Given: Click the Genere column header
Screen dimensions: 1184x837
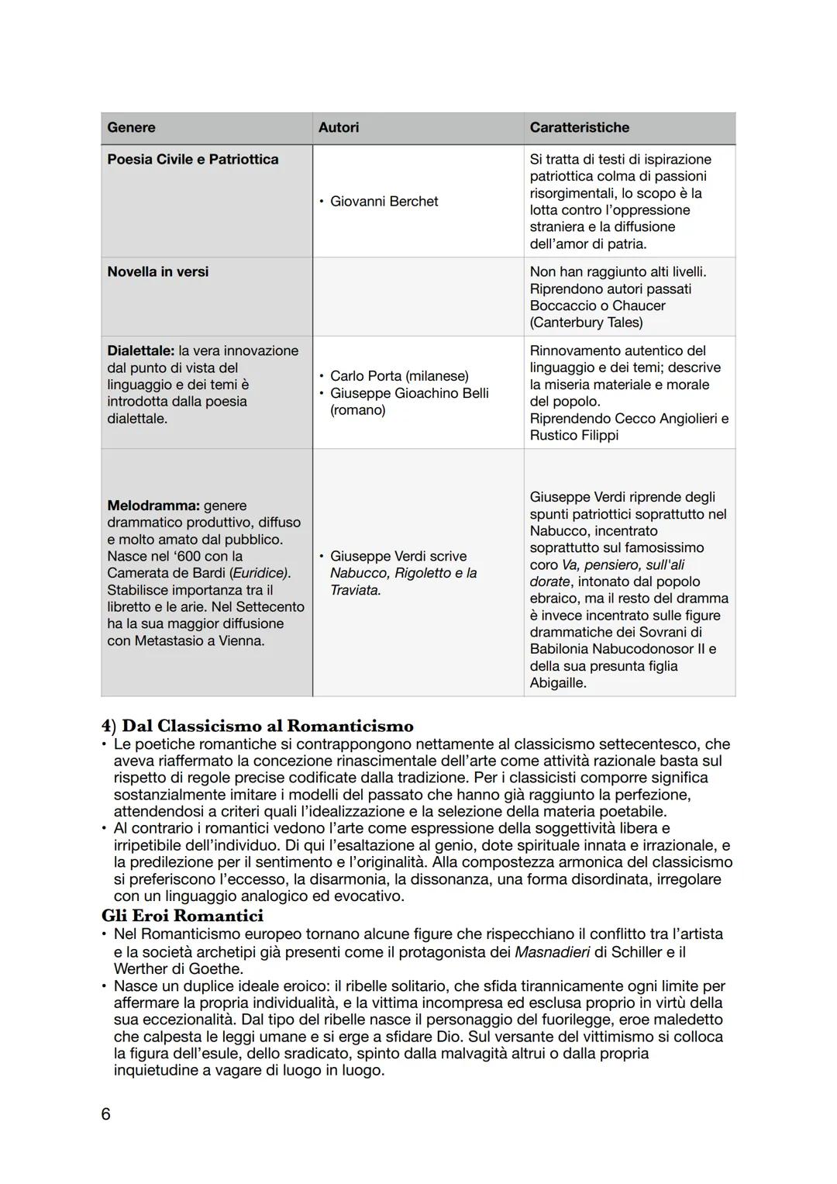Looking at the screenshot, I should coord(131,128).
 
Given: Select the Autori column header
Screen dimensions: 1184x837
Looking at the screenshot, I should coord(339,128).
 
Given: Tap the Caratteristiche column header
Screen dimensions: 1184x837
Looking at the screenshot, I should coord(579,128).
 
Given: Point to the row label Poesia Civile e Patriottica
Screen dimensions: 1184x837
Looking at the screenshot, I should coord(192,160).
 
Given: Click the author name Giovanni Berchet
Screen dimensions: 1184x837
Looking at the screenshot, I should coord(384,202).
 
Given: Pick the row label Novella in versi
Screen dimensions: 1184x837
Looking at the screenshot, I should coord(157,272).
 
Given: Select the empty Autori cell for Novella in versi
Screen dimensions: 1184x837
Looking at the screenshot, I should coord(418,296).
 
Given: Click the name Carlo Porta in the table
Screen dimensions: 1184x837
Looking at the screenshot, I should coord(366,376).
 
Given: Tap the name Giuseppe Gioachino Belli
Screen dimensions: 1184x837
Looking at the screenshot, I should coord(409,393).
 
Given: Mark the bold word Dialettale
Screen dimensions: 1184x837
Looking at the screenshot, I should coord(140,351).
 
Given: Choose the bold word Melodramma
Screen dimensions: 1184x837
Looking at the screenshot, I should coord(153,506).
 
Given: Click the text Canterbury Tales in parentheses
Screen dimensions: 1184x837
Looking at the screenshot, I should coord(586,323).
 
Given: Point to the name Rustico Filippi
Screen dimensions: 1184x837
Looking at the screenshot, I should coord(573,436).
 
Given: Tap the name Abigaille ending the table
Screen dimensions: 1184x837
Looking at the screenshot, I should coord(558,683).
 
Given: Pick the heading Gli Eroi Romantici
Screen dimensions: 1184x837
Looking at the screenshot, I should coord(182,916).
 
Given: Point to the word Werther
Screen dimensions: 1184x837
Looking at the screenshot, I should coord(139,969).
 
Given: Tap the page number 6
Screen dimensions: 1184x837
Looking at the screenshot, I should coord(106,1114).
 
